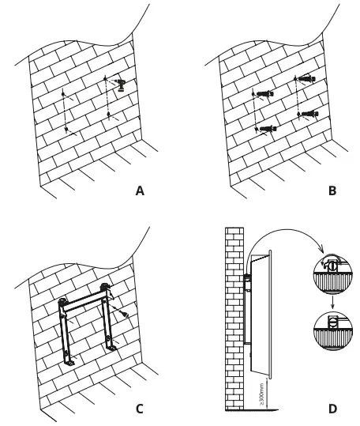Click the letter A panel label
[x=140, y=191]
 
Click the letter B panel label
[x=332, y=191]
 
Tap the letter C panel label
[x=139, y=408]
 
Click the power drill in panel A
[x=118, y=84]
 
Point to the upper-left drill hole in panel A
[x=62, y=93]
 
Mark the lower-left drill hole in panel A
[x=67, y=128]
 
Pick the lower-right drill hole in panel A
[x=108, y=115]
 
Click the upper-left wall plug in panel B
[x=263, y=93]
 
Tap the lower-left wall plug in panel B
[x=265, y=128]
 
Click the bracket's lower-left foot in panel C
[x=69, y=360]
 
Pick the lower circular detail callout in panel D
[x=331, y=322]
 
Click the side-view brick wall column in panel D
[x=235, y=316]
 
